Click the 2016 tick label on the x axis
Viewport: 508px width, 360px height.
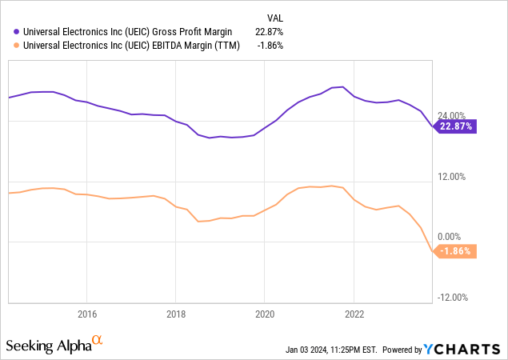tap(86, 314)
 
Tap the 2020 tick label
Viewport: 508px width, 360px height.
tap(265, 314)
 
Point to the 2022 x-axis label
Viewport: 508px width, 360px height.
tap(354, 314)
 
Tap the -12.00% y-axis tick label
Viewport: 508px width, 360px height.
tap(452, 298)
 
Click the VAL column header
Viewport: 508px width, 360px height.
tap(274, 17)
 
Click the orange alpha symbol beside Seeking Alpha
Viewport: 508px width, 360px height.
tap(98, 342)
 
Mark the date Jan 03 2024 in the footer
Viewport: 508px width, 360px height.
tap(309, 350)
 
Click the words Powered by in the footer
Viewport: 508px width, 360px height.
tap(402, 350)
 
